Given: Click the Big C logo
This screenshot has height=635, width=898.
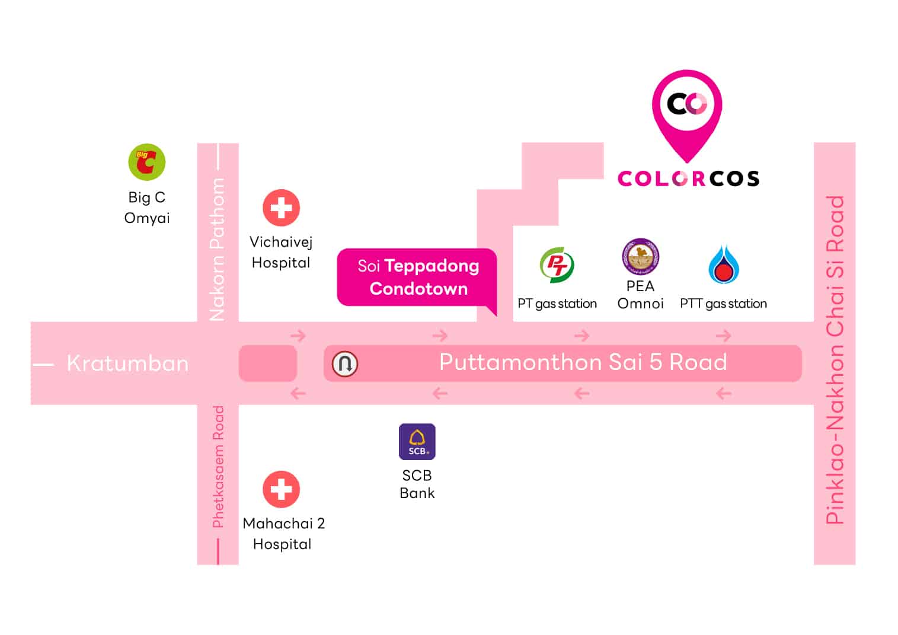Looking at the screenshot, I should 146,162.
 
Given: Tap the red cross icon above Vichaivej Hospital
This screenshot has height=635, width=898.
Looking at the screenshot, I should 281,208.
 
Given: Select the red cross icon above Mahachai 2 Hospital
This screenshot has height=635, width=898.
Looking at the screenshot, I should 281,489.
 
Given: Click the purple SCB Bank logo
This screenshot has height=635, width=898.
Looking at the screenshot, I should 417,442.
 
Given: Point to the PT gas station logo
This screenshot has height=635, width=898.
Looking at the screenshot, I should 557,264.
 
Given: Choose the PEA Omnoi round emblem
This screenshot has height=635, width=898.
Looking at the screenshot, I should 640,257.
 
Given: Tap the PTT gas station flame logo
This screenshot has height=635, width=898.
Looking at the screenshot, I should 723,264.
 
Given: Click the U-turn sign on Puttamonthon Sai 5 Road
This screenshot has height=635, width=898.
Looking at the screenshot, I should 345,363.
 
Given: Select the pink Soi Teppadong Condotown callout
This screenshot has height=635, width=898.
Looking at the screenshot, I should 417,277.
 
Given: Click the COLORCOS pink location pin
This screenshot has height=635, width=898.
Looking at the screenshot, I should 687,113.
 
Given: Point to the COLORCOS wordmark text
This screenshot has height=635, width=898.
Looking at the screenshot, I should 688,178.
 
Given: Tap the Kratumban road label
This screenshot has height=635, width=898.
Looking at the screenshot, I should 127,363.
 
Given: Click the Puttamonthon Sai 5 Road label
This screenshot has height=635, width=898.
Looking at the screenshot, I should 583,362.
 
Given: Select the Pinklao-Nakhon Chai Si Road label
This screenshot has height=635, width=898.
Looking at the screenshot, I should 835,359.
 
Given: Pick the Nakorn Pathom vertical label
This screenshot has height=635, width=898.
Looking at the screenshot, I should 218,249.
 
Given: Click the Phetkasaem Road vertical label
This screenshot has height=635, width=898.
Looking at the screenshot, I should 218,467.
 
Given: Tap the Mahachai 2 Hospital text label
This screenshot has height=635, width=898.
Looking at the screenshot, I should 283,534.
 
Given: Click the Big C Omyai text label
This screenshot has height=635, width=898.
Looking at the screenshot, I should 147,208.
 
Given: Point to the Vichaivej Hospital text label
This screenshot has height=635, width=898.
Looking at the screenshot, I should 281,252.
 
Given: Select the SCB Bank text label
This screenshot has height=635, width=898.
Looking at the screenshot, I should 417,484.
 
